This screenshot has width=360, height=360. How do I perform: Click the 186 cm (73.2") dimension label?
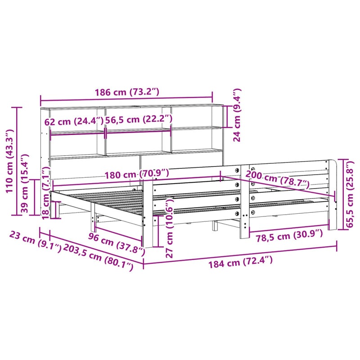tap(126, 92)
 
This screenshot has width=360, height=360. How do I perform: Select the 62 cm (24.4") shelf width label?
tap(74, 121)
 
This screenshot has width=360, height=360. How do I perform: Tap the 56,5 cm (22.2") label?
tap(139, 120)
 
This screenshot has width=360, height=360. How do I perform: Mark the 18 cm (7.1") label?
tap(45, 193)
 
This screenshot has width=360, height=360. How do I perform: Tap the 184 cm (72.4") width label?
tap(240, 261)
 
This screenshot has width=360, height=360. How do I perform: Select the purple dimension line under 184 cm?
tap(240, 254)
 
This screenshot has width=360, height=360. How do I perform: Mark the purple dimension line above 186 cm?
tap(126, 99)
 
